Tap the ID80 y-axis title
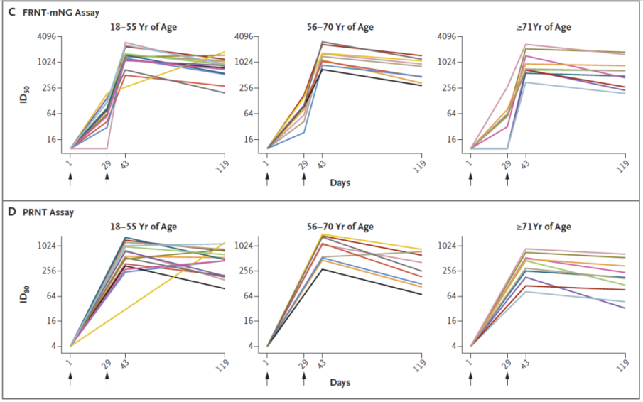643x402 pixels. pos(24,294)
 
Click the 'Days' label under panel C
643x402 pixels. pos(340,183)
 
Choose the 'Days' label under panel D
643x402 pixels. pos(340,382)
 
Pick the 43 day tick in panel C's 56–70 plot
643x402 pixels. pos(322,165)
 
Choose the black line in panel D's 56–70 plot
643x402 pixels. pos(369,281)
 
